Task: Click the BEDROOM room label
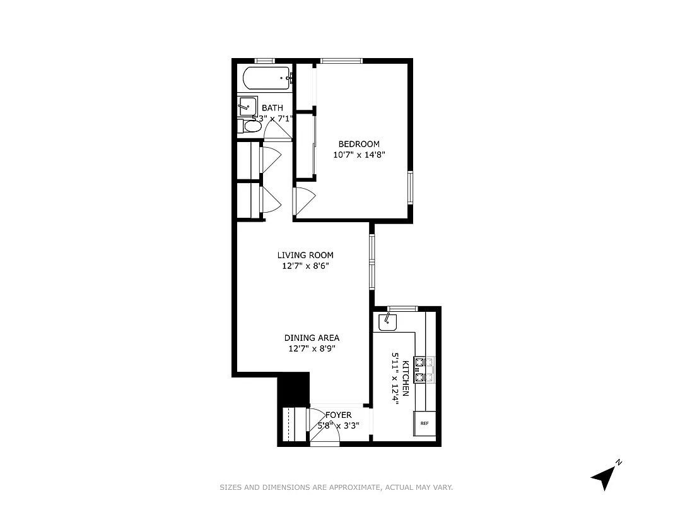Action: click(359, 144)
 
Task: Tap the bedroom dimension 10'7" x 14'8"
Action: click(359, 154)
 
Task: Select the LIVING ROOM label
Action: click(305, 255)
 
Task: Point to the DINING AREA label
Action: click(312, 338)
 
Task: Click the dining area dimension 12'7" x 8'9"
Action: click(312, 348)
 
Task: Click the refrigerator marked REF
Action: click(424, 423)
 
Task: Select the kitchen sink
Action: click(387, 323)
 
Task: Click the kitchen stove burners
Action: click(424, 370)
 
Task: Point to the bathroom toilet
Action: click(250, 126)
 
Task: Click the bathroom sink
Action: click(247, 106)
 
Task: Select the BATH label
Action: click(272, 108)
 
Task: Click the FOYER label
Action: click(339, 415)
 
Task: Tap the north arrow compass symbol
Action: click(604, 476)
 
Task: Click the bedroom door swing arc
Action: click(303, 201)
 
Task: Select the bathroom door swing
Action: click(276, 129)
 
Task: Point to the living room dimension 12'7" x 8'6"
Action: click(305, 266)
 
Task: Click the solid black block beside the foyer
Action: click(293, 388)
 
